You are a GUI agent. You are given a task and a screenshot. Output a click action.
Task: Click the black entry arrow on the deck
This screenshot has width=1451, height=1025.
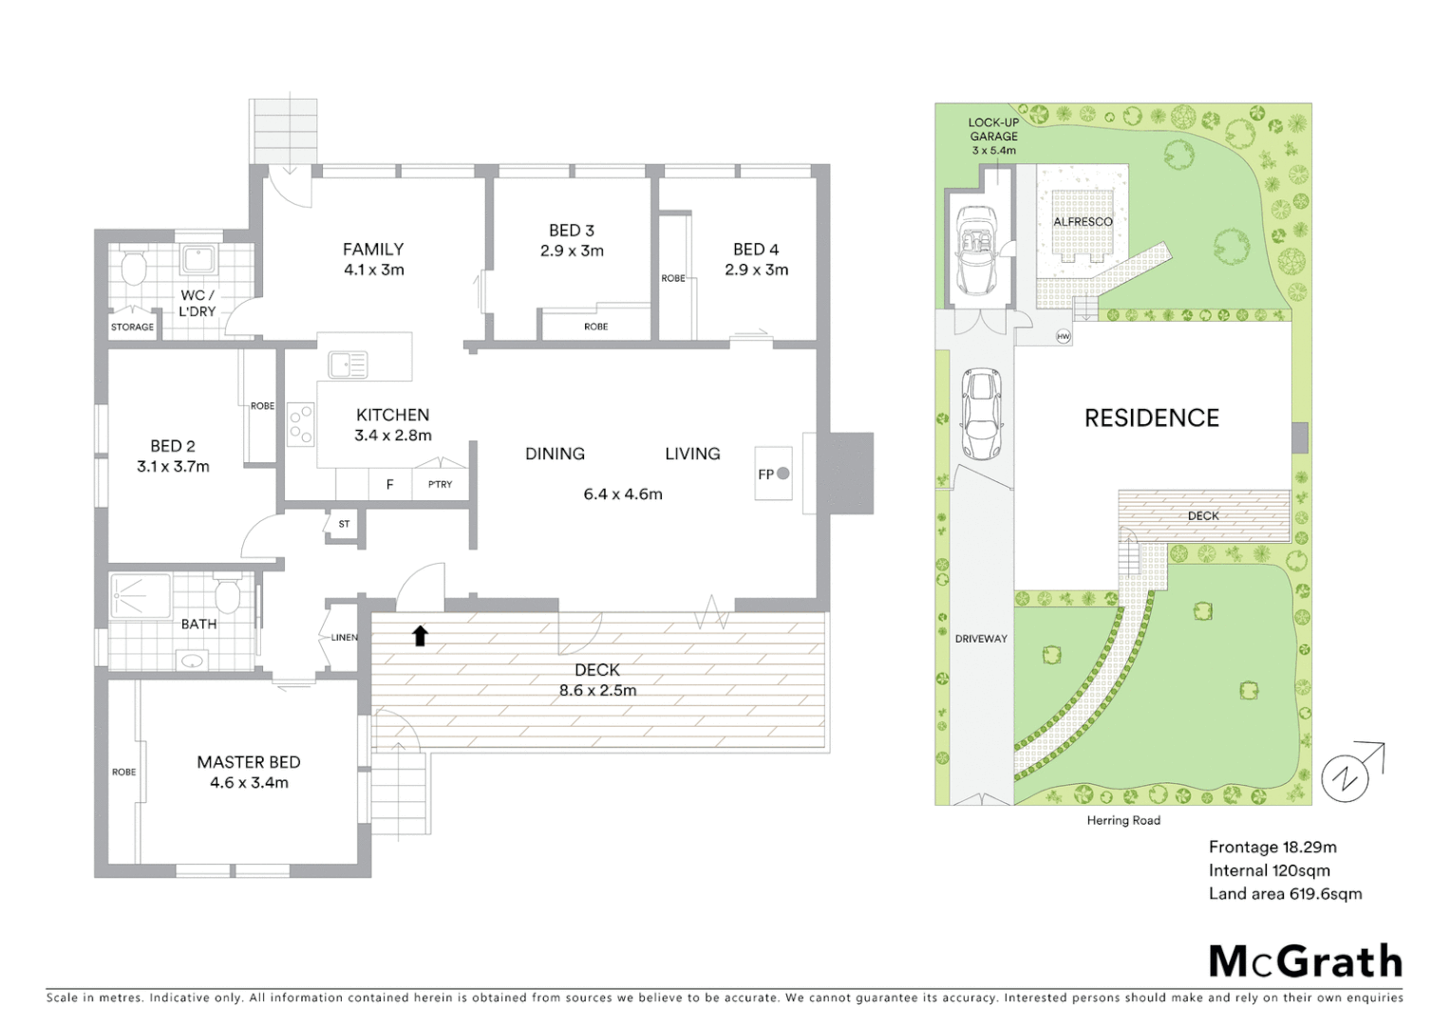click(x=420, y=635)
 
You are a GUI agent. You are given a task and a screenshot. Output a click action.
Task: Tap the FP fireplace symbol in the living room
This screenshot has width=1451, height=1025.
click(x=774, y=474)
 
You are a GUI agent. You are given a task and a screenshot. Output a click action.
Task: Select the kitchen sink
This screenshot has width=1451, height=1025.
click(x=348, y=364)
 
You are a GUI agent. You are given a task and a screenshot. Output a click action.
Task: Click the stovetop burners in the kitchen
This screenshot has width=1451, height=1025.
click(x=301, y=424)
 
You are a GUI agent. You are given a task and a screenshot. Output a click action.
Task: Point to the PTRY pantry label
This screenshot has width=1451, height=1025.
click(x=440, y=484)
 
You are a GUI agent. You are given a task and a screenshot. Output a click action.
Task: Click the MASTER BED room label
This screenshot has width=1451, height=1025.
click(x=249, y=762)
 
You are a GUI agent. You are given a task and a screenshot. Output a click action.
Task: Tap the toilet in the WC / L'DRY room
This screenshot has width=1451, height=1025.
click(x=132, y=268)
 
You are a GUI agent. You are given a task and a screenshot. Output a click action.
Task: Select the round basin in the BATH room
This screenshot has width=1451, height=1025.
click(x=193, y=660)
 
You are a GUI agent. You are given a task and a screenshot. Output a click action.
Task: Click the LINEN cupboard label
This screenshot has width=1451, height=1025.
click(x=344, y=637)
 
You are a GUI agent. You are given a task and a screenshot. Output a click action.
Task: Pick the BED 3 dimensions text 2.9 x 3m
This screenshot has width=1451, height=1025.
click(x=572, y=251)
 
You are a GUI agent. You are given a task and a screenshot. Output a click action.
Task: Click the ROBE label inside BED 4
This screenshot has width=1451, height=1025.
click(x=673, y=278)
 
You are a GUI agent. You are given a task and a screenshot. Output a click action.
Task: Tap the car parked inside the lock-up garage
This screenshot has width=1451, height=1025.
click(x=976, y=251)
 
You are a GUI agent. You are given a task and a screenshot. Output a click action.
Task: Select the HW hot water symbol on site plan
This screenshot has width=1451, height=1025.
click(x=1063, y=336)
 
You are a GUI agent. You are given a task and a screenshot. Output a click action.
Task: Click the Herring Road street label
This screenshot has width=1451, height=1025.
click(x=1123, y=820)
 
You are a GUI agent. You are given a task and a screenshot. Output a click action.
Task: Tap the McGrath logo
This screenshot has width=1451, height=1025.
click(x=1305, y=961)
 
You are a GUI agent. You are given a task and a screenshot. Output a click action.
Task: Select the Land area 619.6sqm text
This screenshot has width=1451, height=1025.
click(x=1285, y=893)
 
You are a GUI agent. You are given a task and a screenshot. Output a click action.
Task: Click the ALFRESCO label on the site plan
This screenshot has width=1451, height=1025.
click(x=1083, y=221)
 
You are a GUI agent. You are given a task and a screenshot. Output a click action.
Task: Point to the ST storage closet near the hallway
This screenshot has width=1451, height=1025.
click(x=344, y=524)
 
